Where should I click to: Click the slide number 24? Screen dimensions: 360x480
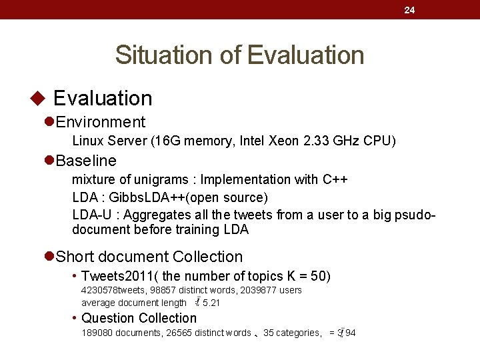[409, 10]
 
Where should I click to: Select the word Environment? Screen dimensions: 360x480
[101, 122]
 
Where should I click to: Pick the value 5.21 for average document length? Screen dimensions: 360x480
[211, 303]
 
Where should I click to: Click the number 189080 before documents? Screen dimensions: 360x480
[97, 333]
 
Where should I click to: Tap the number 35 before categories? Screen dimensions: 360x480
[269, 333]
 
